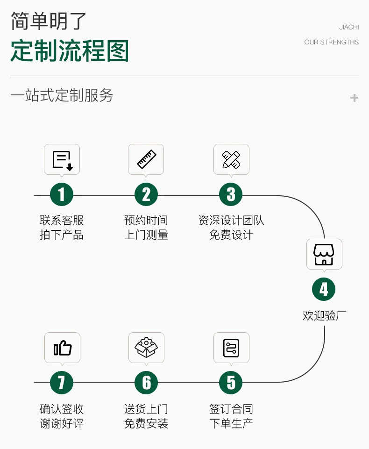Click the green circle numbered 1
[x=62, y=195]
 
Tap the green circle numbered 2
[x=146, y=195]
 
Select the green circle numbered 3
[x=231, y=195]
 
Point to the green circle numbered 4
[x=324, y=290]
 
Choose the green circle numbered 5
[x=231, y=383]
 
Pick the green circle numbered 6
[x=146, y=383]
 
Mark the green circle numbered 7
[x=62, y=383]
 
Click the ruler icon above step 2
[x=146, y=159]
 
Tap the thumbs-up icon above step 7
[x=62, y=348]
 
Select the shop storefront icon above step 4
[x=324, y=254]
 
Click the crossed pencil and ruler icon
[x=231, y=159]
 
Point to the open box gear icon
[x=146, y=348]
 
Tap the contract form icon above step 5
[x=231, y=348]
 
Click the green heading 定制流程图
[x=70, y=51]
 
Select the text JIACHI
[x=349, y=28]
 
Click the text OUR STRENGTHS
[x=331, y=42]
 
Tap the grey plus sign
[x=354, y=98]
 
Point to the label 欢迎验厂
[x=324, y=315]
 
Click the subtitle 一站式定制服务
[x=62, y=95]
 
